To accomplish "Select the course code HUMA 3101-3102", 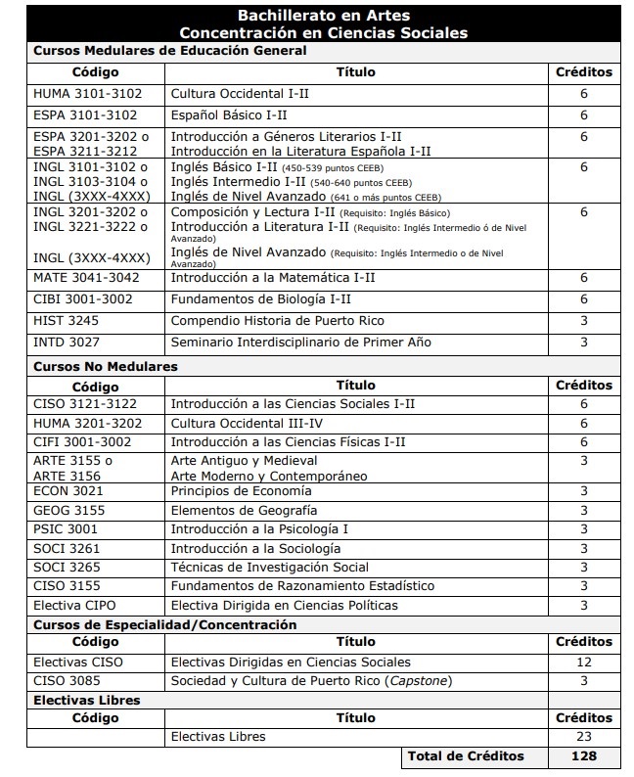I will click(x=87, y=94).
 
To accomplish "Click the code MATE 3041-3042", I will click(x=86, y=278).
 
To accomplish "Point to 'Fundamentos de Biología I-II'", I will click(x=260, y=299).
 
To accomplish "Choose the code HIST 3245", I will click(x=66, y=321).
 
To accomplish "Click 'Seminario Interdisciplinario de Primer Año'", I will click(x=300, y=343).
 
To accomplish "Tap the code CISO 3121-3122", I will click(x=86, y=403).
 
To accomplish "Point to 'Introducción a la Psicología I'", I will click(x=259, y=529).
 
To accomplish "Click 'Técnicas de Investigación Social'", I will click(x=269, y=568).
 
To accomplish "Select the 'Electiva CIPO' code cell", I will click(x=74, y=606).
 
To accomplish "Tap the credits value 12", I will click(x=584, y=663).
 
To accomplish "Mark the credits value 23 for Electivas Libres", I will click(x=584, y=737).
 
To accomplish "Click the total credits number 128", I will click(x=584, y=756).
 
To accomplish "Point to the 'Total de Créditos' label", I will click(x=466, y=756).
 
